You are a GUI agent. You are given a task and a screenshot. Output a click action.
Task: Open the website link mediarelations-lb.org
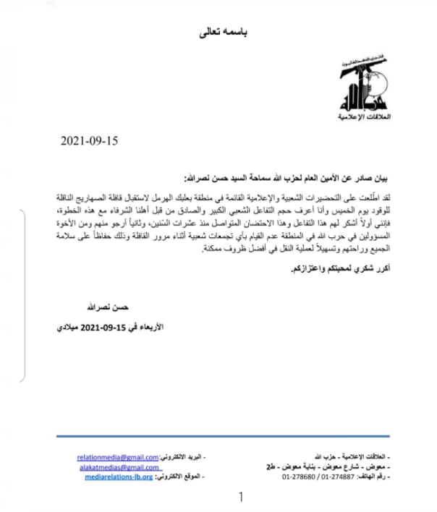[x=119, y=477]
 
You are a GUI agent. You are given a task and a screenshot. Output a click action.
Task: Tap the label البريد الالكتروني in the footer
[x=182, y=458]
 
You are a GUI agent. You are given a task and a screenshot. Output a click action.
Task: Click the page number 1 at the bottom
[x=241, y=498]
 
